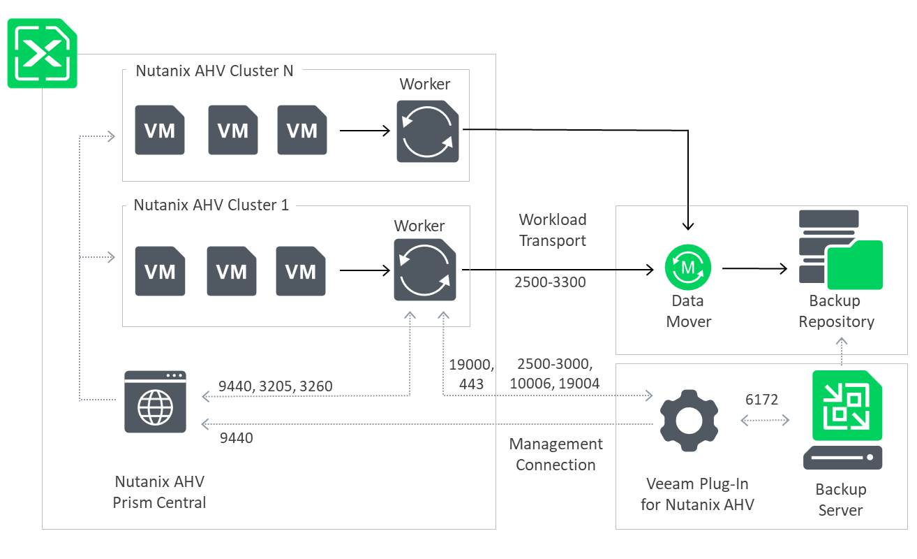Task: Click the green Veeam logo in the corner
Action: [42, 54]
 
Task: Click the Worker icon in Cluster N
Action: [428, 131]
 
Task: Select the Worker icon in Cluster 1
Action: [425, 270]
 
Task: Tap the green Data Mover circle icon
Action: [688, 267]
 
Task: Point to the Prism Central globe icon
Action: [155, 402]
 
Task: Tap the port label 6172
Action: [762, 399]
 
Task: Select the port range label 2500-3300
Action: [550, 282]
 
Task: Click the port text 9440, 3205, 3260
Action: [276, 386]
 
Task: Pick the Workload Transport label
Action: [553, 230]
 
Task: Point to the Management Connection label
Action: [556, 454]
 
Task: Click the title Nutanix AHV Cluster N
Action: [214, 71]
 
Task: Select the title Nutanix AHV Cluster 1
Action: [211, 205]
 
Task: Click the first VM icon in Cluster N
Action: [160, 130]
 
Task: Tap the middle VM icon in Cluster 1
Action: [232, 271]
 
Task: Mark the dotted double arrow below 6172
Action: [765, 421]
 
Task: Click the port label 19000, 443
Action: [472, 374]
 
